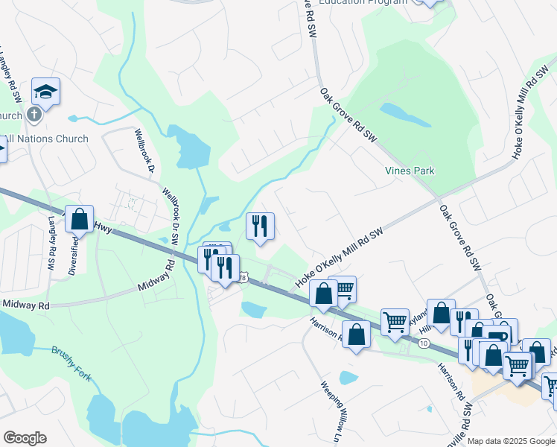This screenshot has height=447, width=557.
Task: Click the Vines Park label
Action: pyautogui.click(x=409, y=171)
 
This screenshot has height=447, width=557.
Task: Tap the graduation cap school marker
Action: pyautogui.click(x=45, y=92)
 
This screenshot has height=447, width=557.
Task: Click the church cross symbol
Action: pyautogui.click(x=33, y=115)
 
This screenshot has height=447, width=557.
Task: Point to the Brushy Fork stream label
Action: pyautogui.click(x=71, y=363)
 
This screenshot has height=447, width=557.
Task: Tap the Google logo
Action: pyautogui.click(x=25, y=438)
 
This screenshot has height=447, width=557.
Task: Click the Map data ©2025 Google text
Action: pyautogui.click(x=510, y=441)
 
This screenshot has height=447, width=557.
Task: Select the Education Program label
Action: pyautogui.click(x=363, y=2)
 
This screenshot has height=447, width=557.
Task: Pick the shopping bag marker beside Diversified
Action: pyautogui.click(x=80, y=219)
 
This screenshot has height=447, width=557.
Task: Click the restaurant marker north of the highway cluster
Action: pyautogui.click(x=260, y=226)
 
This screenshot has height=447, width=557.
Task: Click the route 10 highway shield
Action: pyautogui.click(x=423, y=342)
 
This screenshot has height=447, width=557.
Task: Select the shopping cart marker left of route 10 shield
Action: pyautogui.click(x=395, y=322)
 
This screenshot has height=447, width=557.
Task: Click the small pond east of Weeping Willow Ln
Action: pyautogui.click(x=347, y=378)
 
